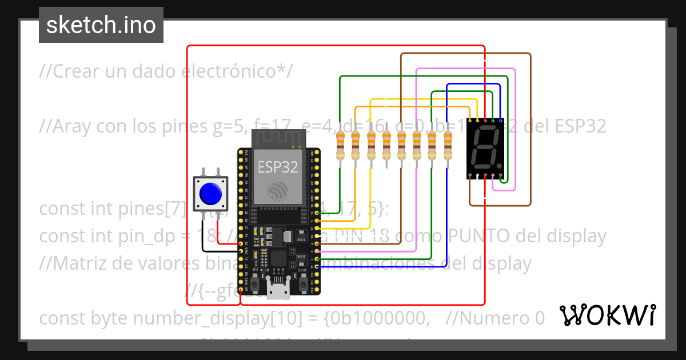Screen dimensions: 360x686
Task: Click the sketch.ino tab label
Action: [101, 25]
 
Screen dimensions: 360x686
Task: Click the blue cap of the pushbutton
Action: [210, 194]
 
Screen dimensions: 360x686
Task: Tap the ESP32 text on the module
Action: [278, 167]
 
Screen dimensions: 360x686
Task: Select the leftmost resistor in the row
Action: [341, 146]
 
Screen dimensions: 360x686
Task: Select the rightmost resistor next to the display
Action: [448, 146]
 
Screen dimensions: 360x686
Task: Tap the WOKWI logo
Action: [607, 315]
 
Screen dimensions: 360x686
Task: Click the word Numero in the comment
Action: [500, 318]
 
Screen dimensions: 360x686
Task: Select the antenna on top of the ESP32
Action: [278, 138]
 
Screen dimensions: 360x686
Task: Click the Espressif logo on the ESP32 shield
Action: [278, 190]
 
